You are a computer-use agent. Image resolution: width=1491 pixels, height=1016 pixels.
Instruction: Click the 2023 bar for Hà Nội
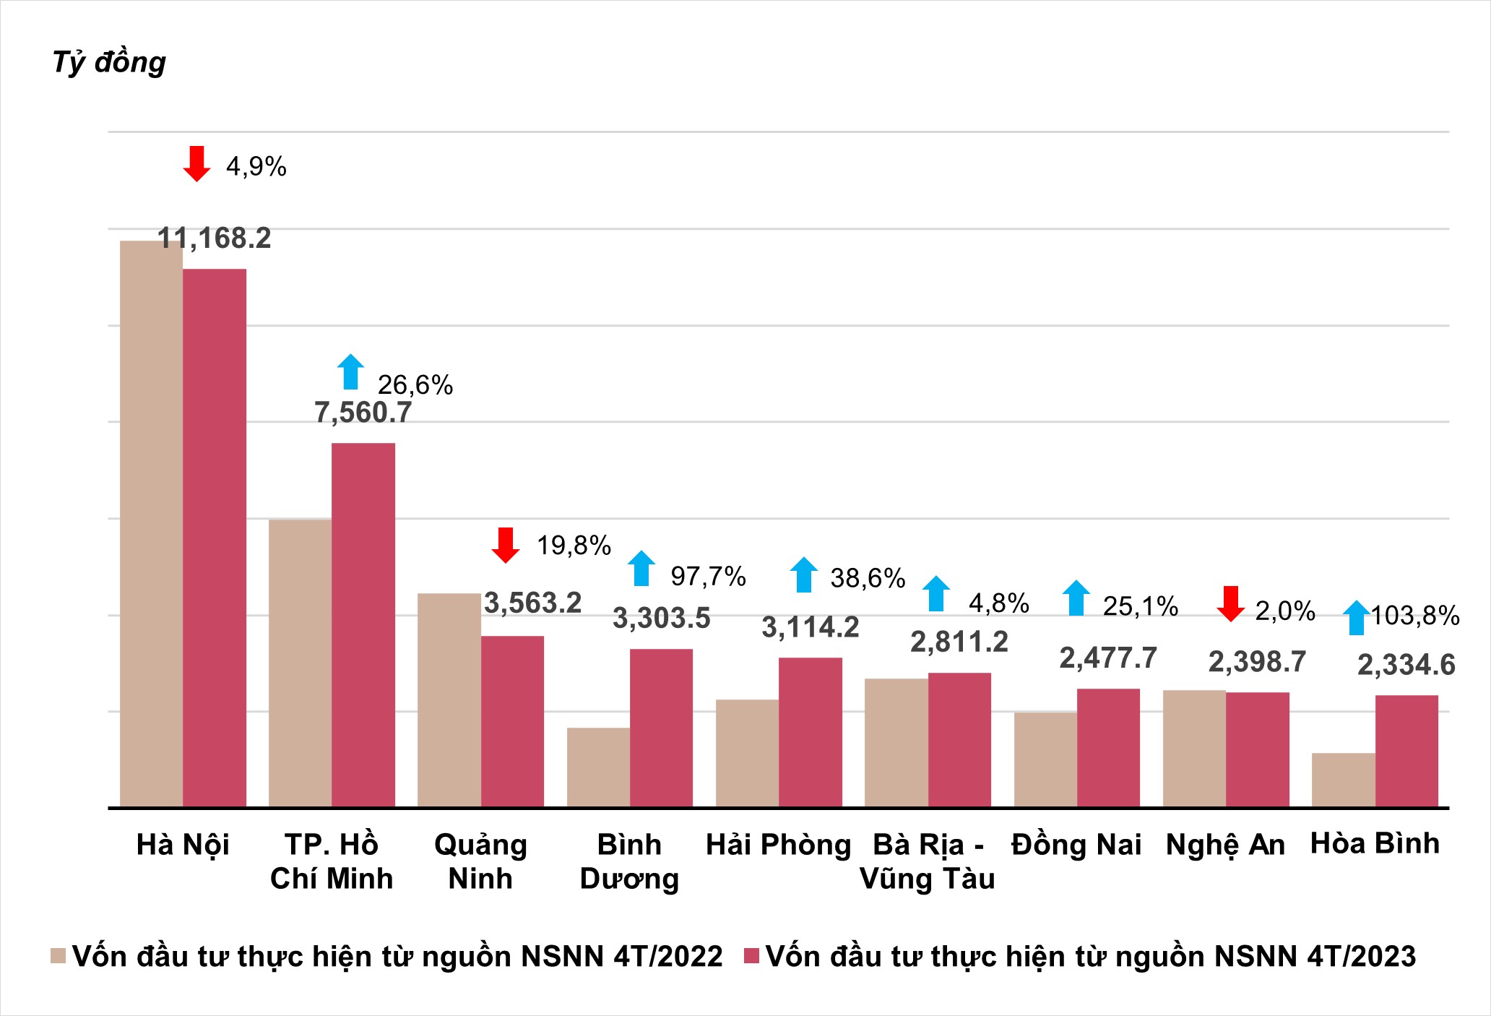coord(215,538)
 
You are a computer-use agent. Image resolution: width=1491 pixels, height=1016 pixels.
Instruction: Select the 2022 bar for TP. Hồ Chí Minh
coord(300,663)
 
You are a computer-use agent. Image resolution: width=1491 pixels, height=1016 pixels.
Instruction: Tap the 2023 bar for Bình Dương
coord(661,728)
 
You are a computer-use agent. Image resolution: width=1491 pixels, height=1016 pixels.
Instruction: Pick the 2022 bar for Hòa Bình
coord(1343,780)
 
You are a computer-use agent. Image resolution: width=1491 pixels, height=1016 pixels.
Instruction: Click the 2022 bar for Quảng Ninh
coord(449,699)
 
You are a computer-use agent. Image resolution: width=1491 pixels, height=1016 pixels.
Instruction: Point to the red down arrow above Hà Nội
coord(196,163)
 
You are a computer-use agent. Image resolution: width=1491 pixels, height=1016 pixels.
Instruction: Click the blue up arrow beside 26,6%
coord(351,371)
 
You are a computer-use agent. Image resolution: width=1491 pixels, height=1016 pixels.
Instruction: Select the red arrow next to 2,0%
coord(1230,604)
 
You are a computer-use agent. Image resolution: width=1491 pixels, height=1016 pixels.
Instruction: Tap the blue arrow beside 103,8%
coord(1357,618)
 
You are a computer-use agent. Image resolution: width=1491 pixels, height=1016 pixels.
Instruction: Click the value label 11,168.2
coord(215,238)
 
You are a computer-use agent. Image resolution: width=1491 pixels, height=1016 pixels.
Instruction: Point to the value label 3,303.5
coord(661,619)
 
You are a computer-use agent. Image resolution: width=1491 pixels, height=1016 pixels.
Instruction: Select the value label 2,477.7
coord(1108,658)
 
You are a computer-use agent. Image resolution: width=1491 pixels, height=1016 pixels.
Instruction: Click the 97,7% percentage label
coord(708,577)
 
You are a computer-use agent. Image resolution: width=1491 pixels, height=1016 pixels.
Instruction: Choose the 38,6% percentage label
coord(868,578)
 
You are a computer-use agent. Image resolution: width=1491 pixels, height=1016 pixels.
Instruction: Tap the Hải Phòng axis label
coord(778,845)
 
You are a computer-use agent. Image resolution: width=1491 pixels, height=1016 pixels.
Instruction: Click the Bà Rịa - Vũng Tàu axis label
coord(928,861)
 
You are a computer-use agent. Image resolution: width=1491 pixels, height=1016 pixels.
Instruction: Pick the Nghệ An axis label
coord(1225,845)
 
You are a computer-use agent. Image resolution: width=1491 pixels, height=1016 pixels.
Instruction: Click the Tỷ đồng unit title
coord(109,62)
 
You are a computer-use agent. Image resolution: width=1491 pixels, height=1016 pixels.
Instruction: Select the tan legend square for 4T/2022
coord(59,955)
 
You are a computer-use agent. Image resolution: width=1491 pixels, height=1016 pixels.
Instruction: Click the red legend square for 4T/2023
coord(751,955)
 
